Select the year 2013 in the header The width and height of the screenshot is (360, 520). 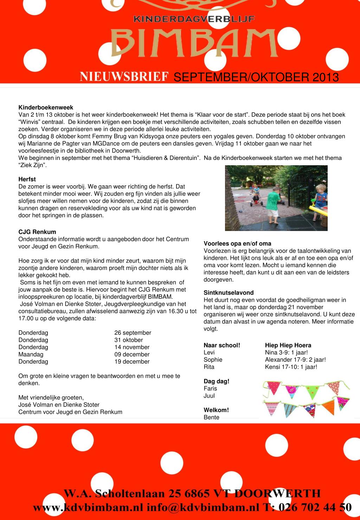click(x=326, y=77)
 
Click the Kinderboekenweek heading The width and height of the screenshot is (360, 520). click(x=46, y=108)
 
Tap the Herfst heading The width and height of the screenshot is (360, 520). click(x=27, y=179)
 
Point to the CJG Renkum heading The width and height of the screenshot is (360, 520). click(x=37, y=232)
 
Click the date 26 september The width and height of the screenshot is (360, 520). click(x=133, y=333)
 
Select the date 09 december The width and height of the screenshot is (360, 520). click(x=132, y=354)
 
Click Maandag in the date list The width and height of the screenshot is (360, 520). click(x=31, y=354)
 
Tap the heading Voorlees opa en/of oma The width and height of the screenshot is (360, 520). click(x=237, y=244)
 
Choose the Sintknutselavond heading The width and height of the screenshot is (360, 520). click(x=229, y=293)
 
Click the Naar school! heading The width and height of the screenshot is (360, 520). click(x=222, y=345)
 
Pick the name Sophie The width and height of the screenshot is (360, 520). click(x=213, y=360)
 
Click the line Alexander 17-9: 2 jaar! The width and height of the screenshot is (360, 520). click(x=295, y=360)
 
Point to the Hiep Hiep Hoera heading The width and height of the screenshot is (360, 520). click(x=288, y=345)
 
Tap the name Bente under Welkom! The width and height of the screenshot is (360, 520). click(x=211, y=417)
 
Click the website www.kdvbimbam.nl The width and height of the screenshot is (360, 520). click(x=88, y=507)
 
